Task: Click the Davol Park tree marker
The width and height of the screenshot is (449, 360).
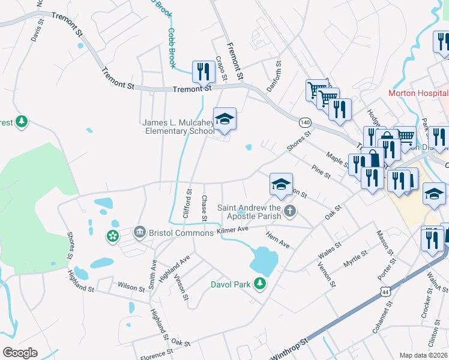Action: [x=260, y=283]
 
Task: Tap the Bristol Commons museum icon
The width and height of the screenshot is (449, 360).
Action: [x=140, y=232]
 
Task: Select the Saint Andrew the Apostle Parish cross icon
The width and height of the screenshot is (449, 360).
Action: [x=290, y=211]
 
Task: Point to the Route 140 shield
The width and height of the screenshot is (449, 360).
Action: [x=305, y=122]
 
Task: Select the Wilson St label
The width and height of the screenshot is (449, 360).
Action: [x=132, y=286]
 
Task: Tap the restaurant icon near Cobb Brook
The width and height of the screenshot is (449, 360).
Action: [x=203, y=72]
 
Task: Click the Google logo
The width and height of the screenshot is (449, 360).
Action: [x=20, y=353]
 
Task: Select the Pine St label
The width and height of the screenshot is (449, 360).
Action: [x=321, y=172]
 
